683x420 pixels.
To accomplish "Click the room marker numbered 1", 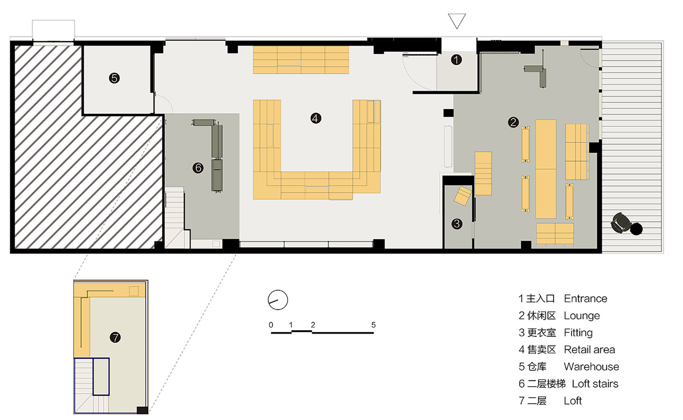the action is coord(456,60).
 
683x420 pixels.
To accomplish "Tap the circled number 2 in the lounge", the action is coord(513,122).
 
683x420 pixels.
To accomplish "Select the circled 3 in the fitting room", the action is coord(456,224).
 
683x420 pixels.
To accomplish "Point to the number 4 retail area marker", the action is coord(315,118).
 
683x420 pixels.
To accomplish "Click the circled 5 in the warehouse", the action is coord(115,78).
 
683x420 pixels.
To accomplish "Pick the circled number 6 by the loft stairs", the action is coord(198,168).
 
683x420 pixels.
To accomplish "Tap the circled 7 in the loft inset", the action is coord(115,337).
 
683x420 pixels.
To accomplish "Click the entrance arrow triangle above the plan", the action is coord(457,21).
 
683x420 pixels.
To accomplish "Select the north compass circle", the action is coord(278,300).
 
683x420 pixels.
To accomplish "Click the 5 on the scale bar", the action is coord(373,325).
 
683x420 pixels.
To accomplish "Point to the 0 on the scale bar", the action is coord(271,325).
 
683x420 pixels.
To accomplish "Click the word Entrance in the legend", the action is coord(585,299).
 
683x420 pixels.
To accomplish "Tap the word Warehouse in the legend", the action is coord(591,366).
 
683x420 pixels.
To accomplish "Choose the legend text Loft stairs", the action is coord(595,384).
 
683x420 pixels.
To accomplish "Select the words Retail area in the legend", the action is coord(589,350).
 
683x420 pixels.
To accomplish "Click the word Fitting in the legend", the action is coord(578,333).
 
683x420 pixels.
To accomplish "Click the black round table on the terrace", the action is coord(636,229).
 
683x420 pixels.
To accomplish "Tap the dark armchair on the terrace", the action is coord(621,223).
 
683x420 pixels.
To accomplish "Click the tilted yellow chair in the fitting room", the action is coord(462,196).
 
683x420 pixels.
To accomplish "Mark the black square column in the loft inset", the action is coord(142,410).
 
